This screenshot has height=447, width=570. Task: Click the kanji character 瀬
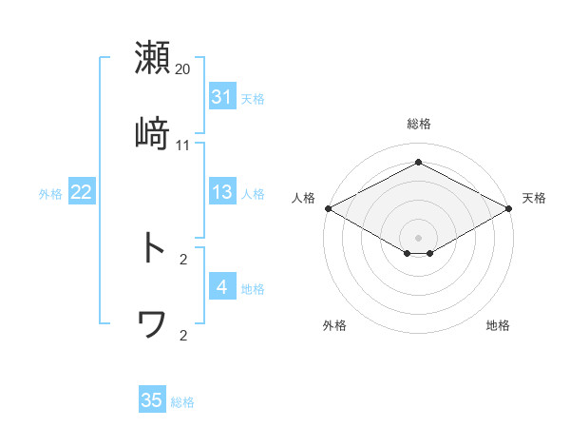(152, 57)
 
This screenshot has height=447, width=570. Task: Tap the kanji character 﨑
(152, 134)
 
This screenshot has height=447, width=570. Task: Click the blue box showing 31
(221, 97)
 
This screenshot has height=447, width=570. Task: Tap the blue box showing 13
(221, 192)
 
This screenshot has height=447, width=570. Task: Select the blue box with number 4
(221, 287)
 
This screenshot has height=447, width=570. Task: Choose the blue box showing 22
(81, 192)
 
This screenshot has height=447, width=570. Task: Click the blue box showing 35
(152, 400)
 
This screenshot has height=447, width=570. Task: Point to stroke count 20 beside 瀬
(183, 69)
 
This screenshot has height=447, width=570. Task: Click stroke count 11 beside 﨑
(183, 146)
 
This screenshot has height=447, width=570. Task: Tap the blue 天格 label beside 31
(253, 98)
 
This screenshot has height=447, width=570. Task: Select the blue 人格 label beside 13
(253, 193)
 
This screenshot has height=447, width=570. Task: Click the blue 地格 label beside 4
(253, 288)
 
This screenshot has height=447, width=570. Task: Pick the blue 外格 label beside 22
(50, 193)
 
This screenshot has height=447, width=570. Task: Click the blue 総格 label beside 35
(182, 401)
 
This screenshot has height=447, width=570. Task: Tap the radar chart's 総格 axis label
(418, 124)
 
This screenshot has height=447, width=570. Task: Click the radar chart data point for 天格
(510, 208)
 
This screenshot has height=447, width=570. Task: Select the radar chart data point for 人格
(327, 208)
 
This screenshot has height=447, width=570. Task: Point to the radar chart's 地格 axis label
(498, 325)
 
